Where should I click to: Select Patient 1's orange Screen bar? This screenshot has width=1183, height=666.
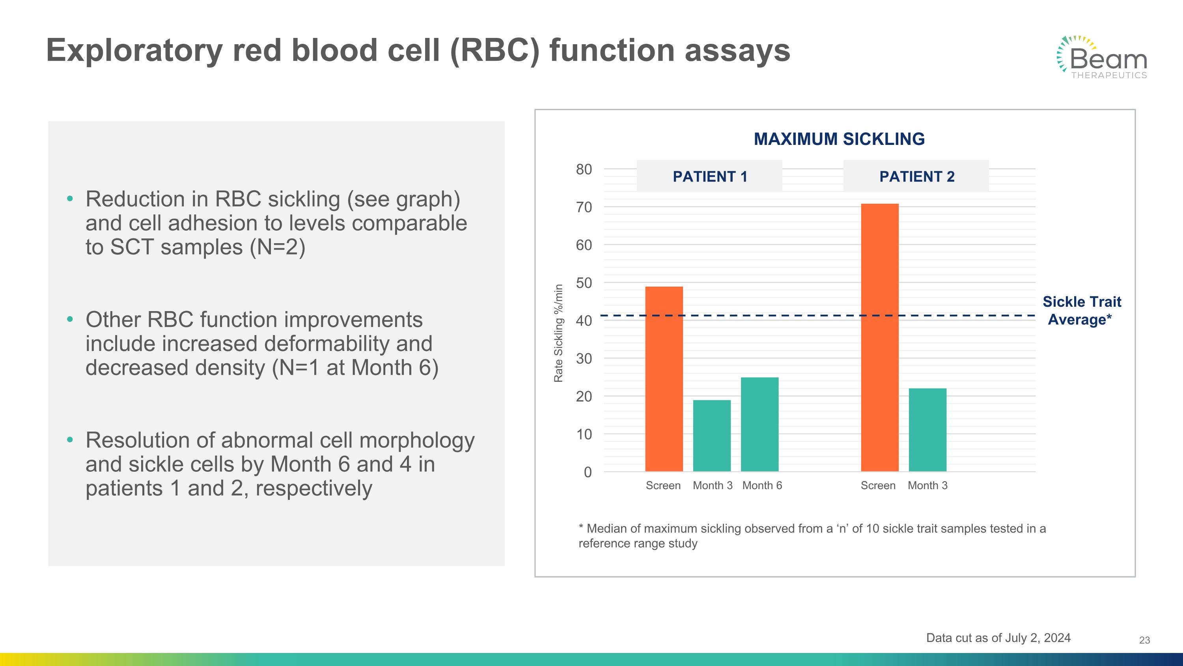664,379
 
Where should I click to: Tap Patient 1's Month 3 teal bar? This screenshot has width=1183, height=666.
712,436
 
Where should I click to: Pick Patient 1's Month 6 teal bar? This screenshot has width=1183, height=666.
759,424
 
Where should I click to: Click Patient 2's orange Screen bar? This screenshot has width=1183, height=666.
879,338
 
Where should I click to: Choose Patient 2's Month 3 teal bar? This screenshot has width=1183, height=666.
927,430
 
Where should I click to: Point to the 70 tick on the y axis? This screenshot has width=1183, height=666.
584,207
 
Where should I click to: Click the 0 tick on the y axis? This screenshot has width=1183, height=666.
588,472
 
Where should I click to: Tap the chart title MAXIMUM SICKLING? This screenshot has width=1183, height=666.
839,139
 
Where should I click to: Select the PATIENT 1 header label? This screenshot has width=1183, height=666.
709,176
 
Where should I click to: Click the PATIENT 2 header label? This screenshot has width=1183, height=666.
917,176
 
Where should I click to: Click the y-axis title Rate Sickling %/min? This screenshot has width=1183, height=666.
558,333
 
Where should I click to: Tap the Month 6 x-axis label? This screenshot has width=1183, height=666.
762,485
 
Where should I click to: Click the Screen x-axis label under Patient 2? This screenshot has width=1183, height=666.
878,485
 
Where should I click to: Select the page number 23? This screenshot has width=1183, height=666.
1144,640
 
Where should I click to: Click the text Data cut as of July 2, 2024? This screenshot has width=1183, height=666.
998,638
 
